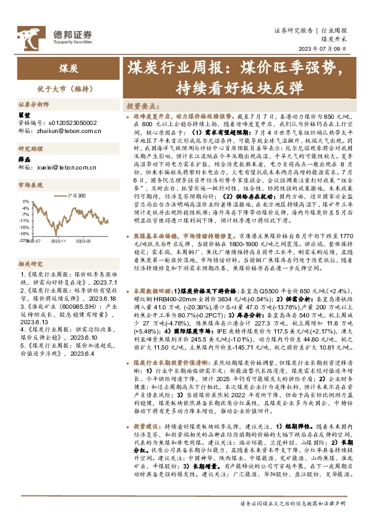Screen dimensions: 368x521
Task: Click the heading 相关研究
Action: [x=28, y=263]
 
